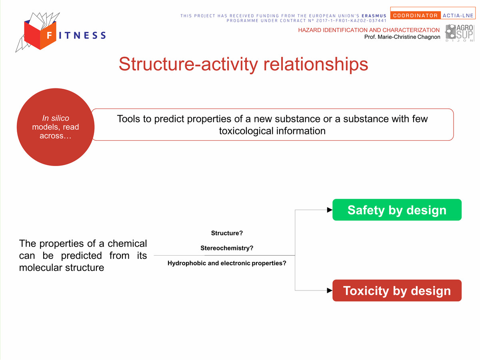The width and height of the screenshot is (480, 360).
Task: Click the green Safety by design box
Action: pyautogui.click(x=397, y=210)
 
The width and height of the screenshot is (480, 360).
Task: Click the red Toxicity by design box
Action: pyautogui.click(x=397, y=290)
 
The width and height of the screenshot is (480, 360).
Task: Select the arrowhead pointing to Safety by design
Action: pyautogui.click(x=330, y=210)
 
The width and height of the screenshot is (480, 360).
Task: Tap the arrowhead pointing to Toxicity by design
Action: pyautogui.click(x=330, y=290)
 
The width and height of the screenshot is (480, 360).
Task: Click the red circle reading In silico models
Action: pyautogui.click(x=56, y=127)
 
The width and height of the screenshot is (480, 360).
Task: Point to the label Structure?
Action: pyautogui.click(x=227, y=233)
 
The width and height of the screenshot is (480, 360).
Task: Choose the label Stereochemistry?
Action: pyautogui.click(x=227, y=248)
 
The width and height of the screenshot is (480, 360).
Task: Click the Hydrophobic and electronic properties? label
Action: pyautogui.click(x=227, y=263)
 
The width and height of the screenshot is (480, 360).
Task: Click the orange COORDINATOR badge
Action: pyautogui.click(x=415, y=16)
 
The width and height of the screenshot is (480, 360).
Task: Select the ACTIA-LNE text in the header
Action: pyautogui.click(x=458, y=16)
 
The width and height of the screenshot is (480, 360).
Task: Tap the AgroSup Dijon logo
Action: pyautogui.click(x=460, y=33)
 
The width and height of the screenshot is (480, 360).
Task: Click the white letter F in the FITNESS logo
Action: pyautogui.click(x=50, y=35)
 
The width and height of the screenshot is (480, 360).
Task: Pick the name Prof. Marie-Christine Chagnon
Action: pyautogui.click(x=402, y=37)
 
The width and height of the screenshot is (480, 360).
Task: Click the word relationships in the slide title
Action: pyautogui.click(x=316, y=64)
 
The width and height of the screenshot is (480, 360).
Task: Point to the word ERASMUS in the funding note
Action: pyautogui.click(x=374, y=16)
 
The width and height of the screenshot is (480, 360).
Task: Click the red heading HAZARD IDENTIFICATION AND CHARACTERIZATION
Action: pyautogui.click(x=369, y=30)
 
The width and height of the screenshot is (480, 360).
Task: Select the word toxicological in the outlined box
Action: pyautogui.click(x=246, y=131)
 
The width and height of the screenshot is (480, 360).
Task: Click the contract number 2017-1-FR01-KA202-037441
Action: pyautogui.click(x=352, y=20)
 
